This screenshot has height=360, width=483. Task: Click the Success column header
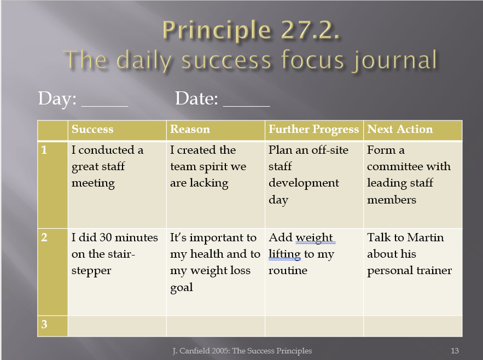92,130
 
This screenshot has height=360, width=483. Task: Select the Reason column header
190,130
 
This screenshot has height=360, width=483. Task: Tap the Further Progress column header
314,130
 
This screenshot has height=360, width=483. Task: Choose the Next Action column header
400,130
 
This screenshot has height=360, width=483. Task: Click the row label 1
44,150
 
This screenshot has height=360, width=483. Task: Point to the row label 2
44,237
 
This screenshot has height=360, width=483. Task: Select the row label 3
44,324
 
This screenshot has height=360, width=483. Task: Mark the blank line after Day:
104,106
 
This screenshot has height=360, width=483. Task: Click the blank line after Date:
247,106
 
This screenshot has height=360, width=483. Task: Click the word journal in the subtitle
395,60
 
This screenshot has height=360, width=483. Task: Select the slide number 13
455,351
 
